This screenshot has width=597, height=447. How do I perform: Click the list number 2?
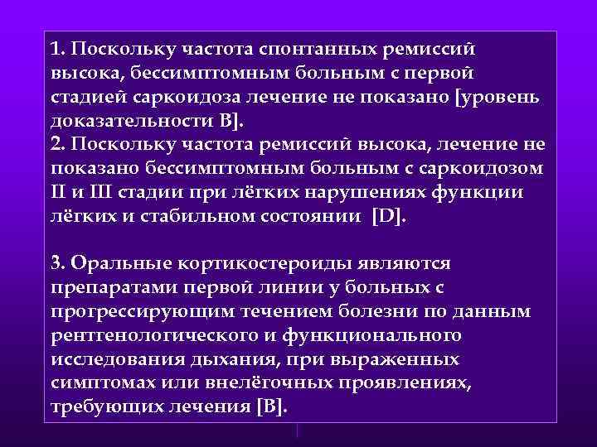point(56,145)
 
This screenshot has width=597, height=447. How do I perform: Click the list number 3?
point(56,263)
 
